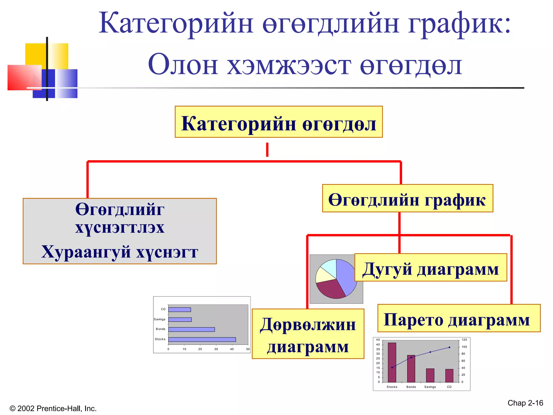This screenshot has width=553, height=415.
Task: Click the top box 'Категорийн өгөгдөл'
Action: (278, 122)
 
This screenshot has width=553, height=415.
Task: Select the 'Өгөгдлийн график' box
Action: (407, 198)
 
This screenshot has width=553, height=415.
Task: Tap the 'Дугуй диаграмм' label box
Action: (430, 267)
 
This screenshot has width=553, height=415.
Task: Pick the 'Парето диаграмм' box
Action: (458, 318)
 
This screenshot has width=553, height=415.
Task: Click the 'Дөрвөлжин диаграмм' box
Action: (308, 334)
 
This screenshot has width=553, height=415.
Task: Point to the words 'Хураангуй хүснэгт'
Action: (120, 252)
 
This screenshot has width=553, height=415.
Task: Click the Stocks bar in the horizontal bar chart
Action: (202, 339)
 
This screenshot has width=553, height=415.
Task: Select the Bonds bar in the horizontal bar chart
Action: (191, 329)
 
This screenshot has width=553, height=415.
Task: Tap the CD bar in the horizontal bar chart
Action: (180, 310)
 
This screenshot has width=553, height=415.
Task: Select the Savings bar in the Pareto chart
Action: (430, 376)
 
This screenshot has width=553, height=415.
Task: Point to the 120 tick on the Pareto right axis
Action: (464, 340)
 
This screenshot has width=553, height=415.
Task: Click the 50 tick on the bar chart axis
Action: (248, 349)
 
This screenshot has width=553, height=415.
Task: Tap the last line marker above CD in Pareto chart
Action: (449, 347)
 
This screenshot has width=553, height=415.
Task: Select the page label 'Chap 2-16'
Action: (525, 403)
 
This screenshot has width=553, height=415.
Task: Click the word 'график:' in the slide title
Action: (459, 24)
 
